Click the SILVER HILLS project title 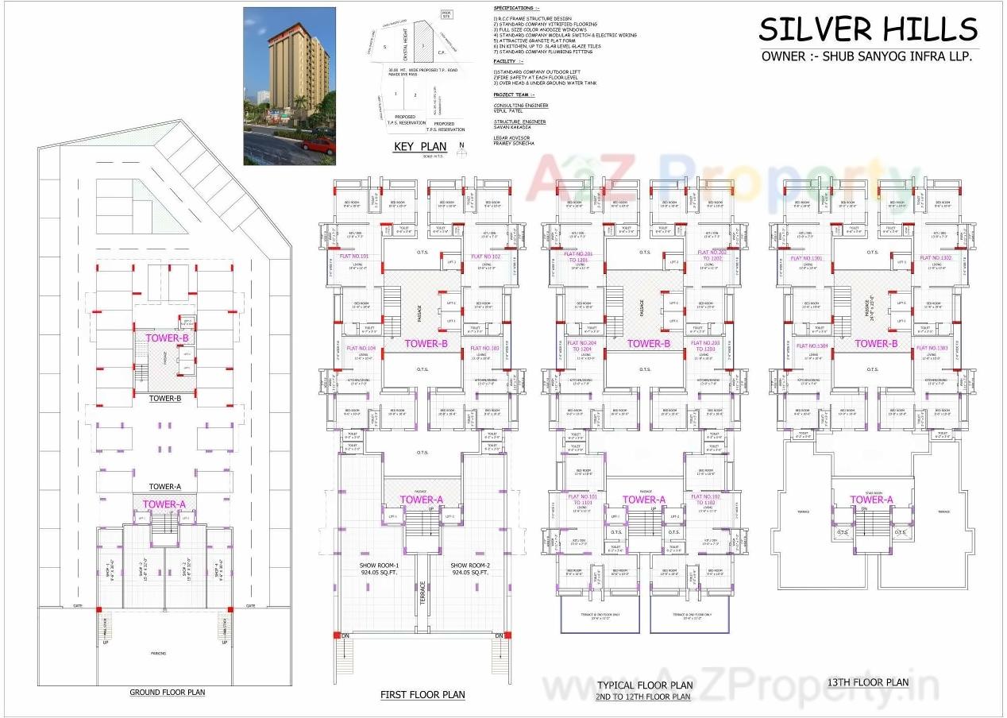[867, 30]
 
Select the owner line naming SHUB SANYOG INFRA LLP [866, 56]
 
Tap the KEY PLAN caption [420, 147]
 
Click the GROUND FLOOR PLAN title [167, 693]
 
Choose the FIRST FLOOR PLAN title [422, 695]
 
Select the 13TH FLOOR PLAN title [867, 682]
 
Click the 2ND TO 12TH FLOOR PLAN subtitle [643, 697]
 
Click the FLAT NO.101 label [353, 257]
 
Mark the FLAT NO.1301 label [805, 258]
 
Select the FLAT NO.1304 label [812, 346]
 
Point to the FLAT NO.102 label [486, 257]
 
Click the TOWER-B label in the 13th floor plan [876, 344]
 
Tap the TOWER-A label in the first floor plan [421, 500]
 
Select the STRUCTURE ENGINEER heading [519, 122]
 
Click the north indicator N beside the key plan [461, 145]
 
